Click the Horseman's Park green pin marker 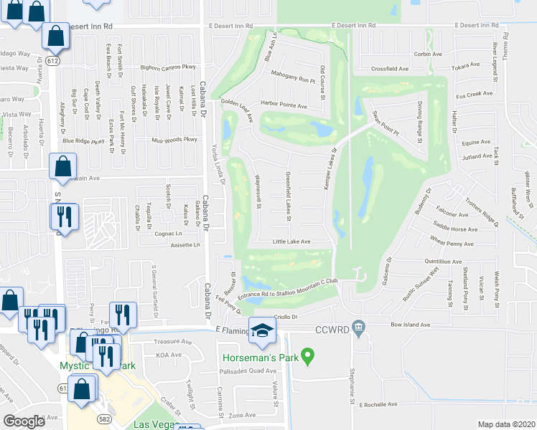309,355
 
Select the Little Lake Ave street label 291,242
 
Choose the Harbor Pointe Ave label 284,106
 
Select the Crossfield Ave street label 390,69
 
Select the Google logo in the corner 24,421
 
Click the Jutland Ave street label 477,156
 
